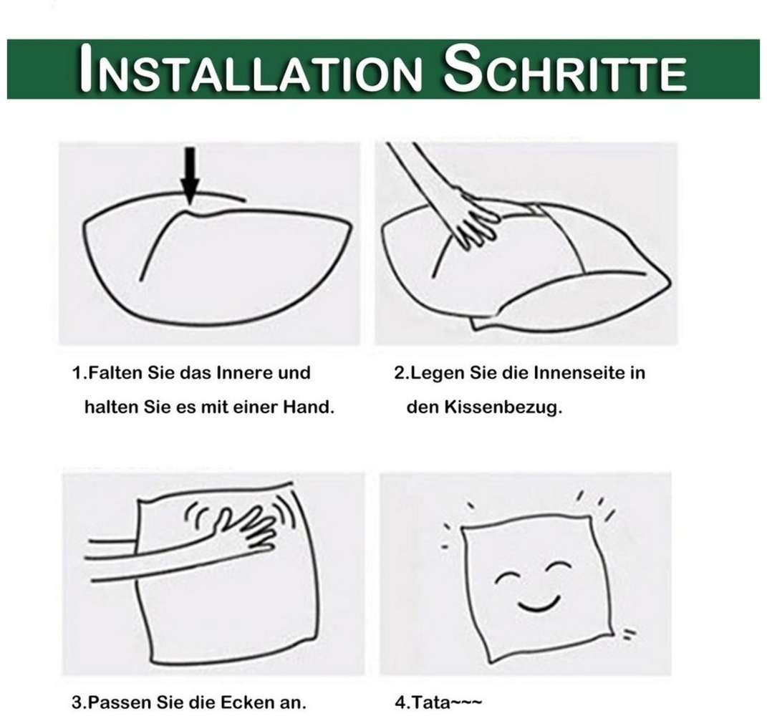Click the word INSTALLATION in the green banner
(250, 69)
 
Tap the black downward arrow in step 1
(190, 175)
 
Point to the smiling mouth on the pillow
(538, 604)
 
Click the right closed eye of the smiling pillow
(558, 568)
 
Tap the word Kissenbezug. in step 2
(503, 407)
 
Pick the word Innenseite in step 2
(578, 372)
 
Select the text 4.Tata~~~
(438, 703)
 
